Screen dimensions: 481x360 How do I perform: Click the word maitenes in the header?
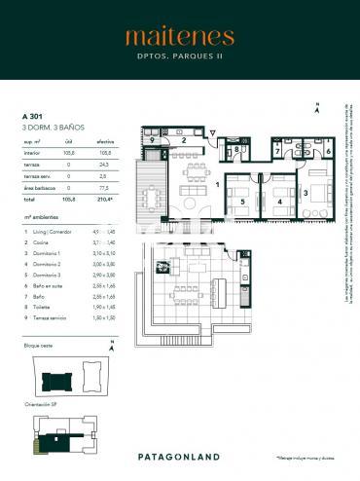179,38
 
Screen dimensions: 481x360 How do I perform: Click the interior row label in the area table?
31,152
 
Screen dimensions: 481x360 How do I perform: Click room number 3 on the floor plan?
306,194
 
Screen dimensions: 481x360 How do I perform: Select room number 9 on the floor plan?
153,140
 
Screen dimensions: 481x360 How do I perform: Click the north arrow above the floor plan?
315,110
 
